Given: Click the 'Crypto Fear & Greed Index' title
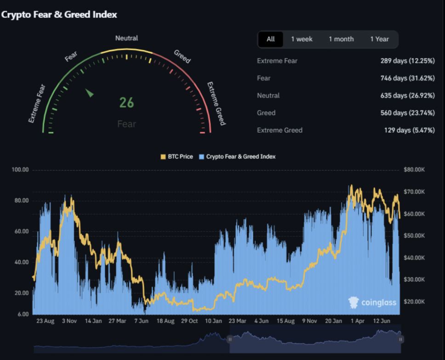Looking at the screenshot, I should (x=59, y=15).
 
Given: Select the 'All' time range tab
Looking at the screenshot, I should (x=270, y=39).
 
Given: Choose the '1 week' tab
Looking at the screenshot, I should (x=302, y=39).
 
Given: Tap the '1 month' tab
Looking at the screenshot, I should (x=341, y=39).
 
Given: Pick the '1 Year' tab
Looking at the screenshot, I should (x=379, y=39).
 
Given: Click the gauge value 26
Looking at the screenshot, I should (x=126, y=103).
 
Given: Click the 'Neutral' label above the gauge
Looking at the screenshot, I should (x=126, y=38).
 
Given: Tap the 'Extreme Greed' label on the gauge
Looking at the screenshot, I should (x=216, y=103).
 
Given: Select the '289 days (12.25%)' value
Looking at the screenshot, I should (x=407, y=61).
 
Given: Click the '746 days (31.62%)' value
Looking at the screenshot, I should (x=407, y=78).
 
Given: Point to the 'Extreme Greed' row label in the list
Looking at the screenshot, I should (x=280, y=130).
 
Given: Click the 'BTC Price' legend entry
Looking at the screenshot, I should (x=177, y=157).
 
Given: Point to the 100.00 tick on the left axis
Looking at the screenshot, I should (x=20, y=170).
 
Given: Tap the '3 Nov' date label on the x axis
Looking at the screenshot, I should (x=69, y=321).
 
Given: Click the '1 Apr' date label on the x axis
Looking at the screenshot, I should (x=357, y=321).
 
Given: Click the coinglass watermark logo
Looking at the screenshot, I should (x=372, y=302).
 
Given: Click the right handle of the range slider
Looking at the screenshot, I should (x=401, y=339).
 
